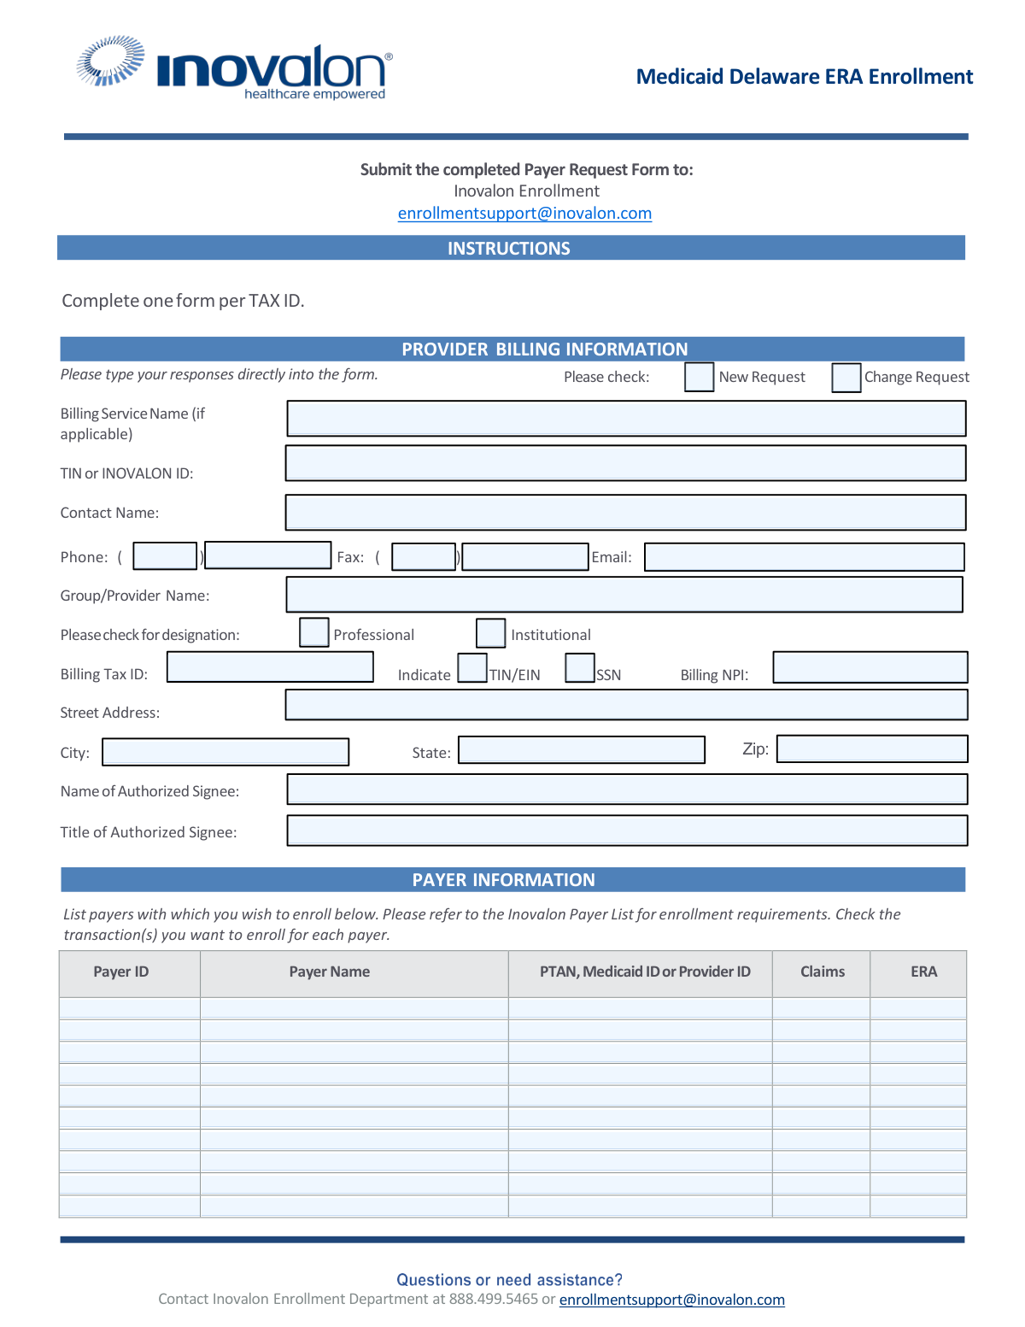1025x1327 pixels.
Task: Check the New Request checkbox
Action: (699, 377)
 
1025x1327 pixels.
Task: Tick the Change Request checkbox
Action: (846, 378)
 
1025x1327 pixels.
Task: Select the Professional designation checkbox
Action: (314, 632)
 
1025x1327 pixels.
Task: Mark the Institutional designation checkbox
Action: (490, 633)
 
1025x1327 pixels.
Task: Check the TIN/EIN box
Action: (472, 667)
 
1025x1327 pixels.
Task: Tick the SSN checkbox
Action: (580, 667)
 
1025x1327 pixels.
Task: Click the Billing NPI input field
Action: (870, 667)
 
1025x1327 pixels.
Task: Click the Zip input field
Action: (871, 749)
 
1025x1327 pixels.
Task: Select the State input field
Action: (582, 750)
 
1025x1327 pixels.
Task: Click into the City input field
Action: (225, 752)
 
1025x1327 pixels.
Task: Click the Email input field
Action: (804, 557)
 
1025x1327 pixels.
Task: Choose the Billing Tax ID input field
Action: (270, 667)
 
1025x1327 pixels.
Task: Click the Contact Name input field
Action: (625, 513)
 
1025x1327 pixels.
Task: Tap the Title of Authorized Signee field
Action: (627, 831)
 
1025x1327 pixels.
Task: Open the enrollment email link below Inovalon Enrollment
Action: (524, 214)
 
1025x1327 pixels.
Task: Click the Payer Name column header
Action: (330, 972)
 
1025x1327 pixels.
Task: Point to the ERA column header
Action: (923, 972)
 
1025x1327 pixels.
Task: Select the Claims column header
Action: (822, 972)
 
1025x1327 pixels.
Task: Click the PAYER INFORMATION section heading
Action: (504, 880)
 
